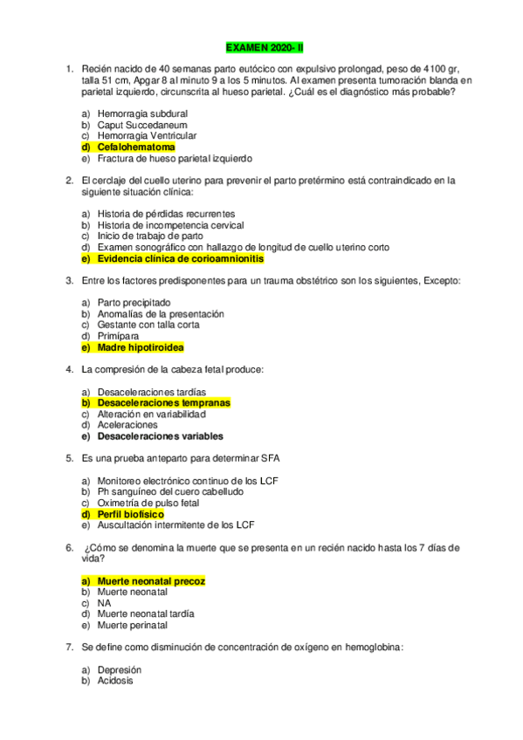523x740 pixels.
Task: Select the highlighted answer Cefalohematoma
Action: tap(136, 147)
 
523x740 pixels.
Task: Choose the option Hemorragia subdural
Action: tap(142, 113)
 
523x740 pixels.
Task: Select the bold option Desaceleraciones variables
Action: tap(160, 436)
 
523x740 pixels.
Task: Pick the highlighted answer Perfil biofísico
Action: tap(130, 514)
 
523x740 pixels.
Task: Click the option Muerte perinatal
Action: tap(133, 625)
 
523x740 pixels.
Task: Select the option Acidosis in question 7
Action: tap(115, 681)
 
